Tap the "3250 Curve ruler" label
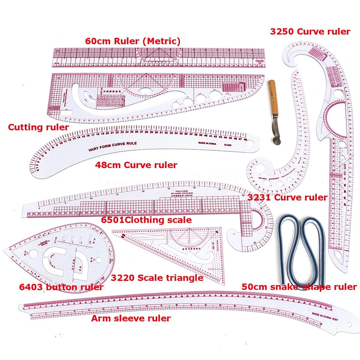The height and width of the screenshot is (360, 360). pos(310,31)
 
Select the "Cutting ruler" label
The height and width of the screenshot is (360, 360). pos(38,127)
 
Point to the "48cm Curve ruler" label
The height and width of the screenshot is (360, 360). pos(136,165)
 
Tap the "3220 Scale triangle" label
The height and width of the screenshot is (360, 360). pos(157,278)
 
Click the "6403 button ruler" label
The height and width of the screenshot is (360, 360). pos(61,287)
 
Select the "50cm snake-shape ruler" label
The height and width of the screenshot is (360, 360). pos(299,287)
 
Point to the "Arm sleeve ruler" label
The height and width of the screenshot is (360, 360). pos(131,318)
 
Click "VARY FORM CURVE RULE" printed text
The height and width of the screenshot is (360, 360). pos(112,147)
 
